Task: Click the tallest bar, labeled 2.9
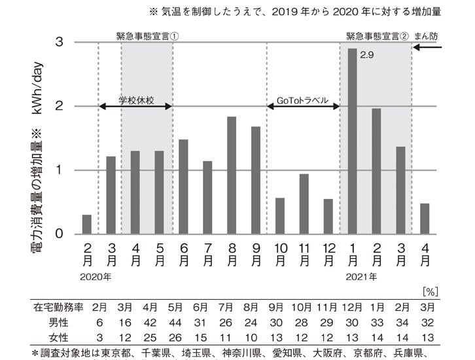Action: pos(352,141)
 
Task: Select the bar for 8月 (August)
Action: pos(232,175)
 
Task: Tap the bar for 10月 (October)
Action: pos(280,215)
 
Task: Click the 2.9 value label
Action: pos(367,65)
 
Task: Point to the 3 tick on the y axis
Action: pos(60,43)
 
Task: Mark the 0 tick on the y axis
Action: pos(60,234)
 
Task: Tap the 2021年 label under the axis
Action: pos(360,276)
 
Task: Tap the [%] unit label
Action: pos(429,290)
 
